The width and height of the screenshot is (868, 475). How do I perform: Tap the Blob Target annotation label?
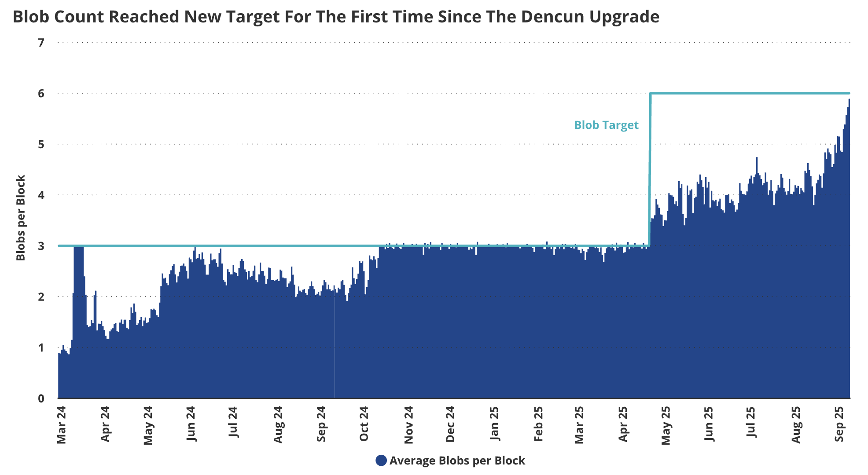[x=606, y=125]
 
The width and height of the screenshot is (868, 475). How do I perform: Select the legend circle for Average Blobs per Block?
[x=381, y=460]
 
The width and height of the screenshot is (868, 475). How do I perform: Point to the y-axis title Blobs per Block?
[x=21, y=218]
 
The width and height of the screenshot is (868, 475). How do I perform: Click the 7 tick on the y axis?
[x=41, y=43]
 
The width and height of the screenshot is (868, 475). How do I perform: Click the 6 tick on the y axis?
[x=41, y=93]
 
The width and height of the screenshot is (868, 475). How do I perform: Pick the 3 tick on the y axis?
[x=41, y=246]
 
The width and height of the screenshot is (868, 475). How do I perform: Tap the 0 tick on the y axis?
[x=41, y=398]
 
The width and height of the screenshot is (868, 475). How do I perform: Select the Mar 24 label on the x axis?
[x=61, y=425]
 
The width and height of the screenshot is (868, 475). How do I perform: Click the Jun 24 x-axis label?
[x=191, y=424]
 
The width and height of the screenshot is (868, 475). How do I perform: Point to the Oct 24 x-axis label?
[x=364, y=424]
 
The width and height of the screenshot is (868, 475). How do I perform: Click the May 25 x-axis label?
[x=666, y=425]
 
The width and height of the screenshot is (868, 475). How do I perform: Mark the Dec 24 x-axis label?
[x=450, y=424]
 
